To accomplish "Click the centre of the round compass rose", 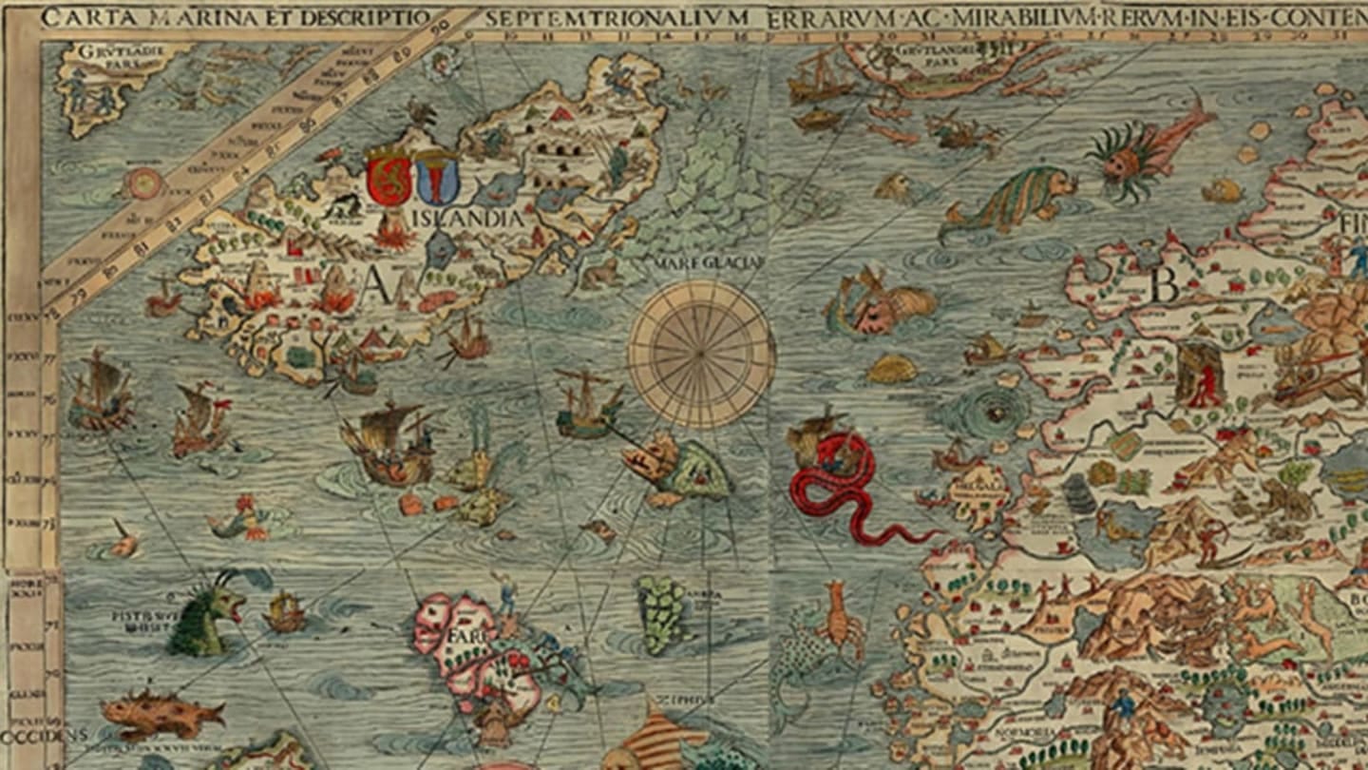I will point(702,354).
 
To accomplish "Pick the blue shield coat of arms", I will point(437,178).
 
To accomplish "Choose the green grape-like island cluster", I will point(661,613).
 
